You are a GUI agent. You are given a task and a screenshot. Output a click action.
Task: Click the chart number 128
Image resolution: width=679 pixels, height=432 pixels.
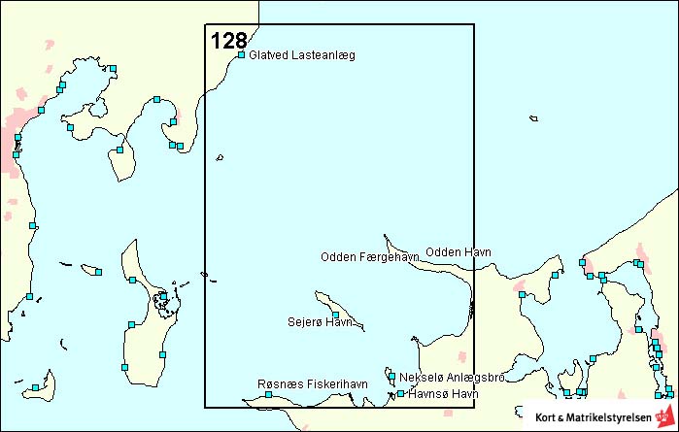tap(228, 40)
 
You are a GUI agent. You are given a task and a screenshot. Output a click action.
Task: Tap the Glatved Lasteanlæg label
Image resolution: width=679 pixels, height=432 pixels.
tap(302, 55)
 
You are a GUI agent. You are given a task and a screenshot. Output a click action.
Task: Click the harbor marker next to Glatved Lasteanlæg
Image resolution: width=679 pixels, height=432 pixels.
tap(241, 55)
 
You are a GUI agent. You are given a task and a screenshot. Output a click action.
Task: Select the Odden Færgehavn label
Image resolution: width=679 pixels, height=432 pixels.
tap(369, 257)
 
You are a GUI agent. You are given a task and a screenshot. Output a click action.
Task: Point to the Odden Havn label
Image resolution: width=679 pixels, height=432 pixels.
tap(458, 252)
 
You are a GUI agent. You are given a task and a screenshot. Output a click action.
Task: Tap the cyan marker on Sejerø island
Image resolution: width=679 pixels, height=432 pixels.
tap(336, 315)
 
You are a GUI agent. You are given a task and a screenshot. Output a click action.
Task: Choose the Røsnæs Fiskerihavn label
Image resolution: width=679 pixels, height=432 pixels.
tap(313, 384)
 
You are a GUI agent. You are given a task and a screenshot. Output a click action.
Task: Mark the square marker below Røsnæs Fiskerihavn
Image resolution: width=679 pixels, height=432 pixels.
tap(269, 394)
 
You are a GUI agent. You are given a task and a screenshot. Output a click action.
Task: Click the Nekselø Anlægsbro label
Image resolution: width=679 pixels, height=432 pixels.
tap(452, 377)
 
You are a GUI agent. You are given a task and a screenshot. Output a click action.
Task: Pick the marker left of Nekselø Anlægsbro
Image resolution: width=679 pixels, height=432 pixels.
tap(391, 377)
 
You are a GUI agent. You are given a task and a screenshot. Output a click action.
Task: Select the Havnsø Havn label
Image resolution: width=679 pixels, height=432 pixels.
tap(444, 394)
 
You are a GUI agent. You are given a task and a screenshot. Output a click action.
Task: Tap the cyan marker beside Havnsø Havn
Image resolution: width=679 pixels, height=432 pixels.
tap(400, 394)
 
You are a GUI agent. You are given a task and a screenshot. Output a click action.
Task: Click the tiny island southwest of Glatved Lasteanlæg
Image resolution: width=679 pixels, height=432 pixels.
tap(221, 157)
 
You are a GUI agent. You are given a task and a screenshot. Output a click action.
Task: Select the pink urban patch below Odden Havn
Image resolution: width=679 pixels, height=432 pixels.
tap(521, 288)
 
